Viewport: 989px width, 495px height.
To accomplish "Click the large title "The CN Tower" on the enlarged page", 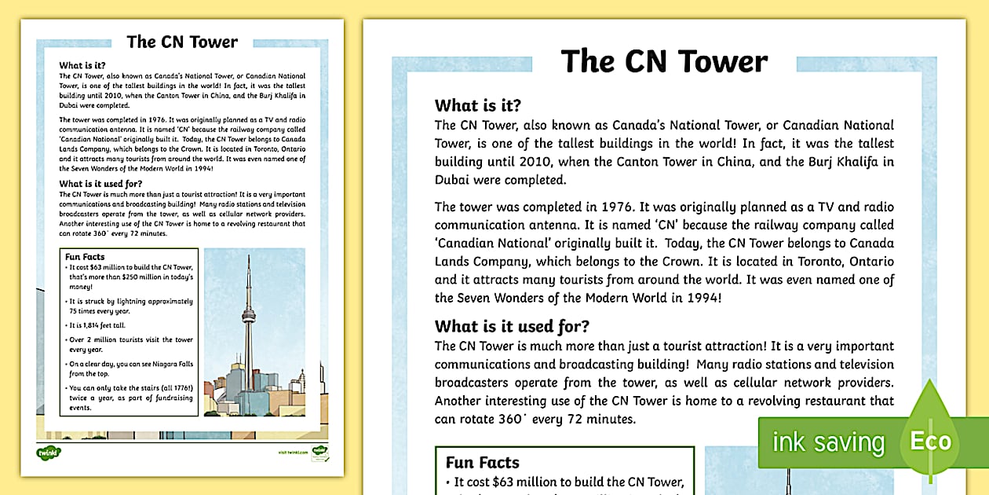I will pos(664,62).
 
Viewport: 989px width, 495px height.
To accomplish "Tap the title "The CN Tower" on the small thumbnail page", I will pos(182,42).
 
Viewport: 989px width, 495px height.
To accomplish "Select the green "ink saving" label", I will pos(828,442).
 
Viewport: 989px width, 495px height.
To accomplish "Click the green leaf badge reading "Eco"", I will pos(930,440).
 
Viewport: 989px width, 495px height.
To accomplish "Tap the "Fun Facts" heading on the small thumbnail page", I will pos(85,257).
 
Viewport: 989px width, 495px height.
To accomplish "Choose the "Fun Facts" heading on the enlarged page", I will pos(483,463).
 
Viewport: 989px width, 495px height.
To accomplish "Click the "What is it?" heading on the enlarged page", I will pos(478,106).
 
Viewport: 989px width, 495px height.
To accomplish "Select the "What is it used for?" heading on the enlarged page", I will pos(512,327).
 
